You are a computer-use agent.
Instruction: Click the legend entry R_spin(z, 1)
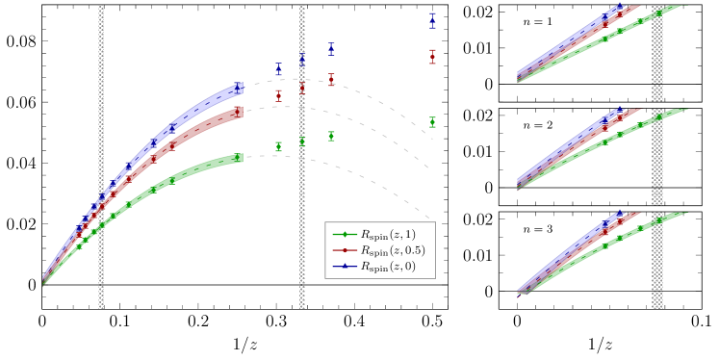[379, 235]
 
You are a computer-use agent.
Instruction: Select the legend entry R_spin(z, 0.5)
[379, 250]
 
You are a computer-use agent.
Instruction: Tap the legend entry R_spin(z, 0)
[379, 267]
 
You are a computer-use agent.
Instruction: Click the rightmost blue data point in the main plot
[432, 19]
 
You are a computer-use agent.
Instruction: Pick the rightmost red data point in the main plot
[432, 57]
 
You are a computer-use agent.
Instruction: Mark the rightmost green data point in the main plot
[432, 122]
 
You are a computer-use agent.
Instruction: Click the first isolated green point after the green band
[278, 146]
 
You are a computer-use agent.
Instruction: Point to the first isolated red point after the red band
[278, 94]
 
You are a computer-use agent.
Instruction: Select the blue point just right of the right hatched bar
[331, 47]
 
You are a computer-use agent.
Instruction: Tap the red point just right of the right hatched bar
[331, 80]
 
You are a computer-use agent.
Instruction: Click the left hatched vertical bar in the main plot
[101, 154]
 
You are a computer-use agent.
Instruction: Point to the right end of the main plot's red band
[239, 112]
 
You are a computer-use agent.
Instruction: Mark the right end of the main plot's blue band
[239, 89]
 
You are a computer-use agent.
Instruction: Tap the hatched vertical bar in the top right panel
[657, 48]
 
